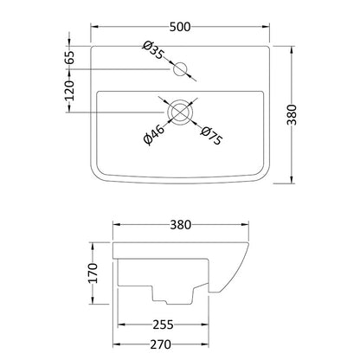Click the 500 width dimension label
click(180, 27)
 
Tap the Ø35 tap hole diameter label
click(153, 50)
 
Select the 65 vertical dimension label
click(69, 57)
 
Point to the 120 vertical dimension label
click(69, 91)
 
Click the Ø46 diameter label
click(154, 135)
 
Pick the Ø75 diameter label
click(212, 136)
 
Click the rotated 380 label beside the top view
click(292, 114)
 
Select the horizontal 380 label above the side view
click(181, 225)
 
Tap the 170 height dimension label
click(93, 273)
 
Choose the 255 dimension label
click(163, 325)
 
